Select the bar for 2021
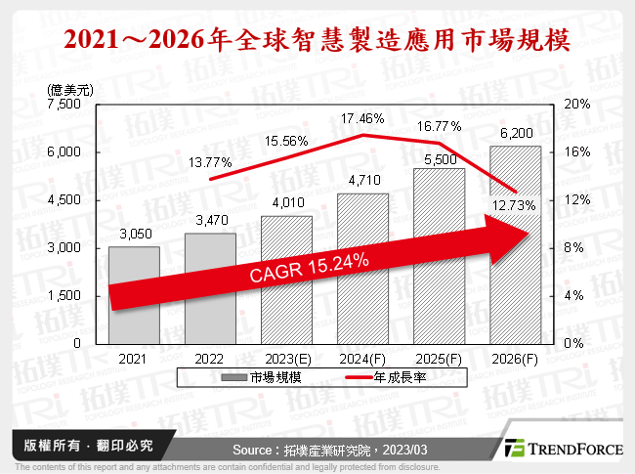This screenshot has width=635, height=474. point(134,293)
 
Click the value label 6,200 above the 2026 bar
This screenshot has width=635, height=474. point(515,132)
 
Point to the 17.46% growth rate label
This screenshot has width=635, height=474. point(362,119)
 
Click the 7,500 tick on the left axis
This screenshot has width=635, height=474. point(68,105)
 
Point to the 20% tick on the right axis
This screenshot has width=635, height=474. point(577,105)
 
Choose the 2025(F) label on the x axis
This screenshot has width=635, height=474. point(439,358)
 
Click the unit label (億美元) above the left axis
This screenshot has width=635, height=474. point(71,89)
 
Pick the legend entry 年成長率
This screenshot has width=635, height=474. point(389,377)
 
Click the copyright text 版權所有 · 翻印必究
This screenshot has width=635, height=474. point(82,446)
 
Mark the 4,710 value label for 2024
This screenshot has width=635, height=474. point(362,180)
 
